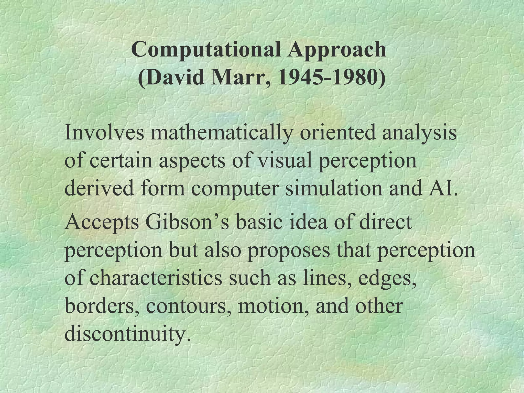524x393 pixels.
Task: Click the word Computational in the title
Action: [x=205, y=50]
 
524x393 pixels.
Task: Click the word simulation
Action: [x=334, y=188]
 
